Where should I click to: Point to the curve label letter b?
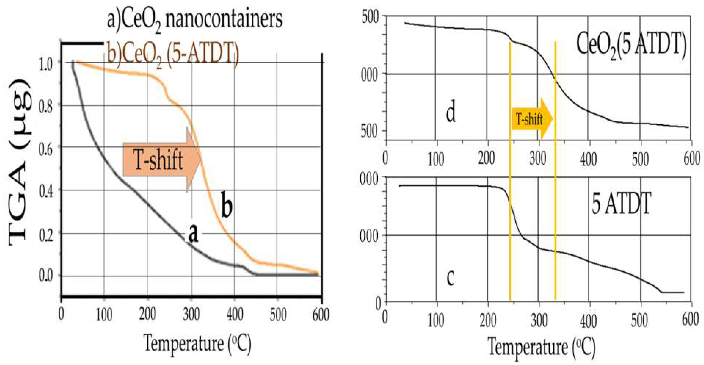point(226,208)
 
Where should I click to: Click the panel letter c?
point(450,277)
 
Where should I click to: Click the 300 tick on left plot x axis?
point(191,314)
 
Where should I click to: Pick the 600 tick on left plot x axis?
point(321,314)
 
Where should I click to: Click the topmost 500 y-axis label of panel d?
point(370,18)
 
